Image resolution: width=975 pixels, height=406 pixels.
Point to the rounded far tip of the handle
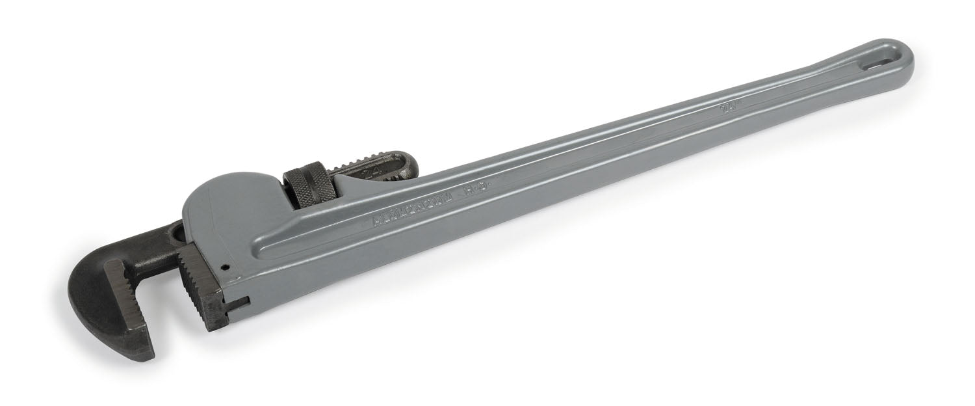coord(910,55)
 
